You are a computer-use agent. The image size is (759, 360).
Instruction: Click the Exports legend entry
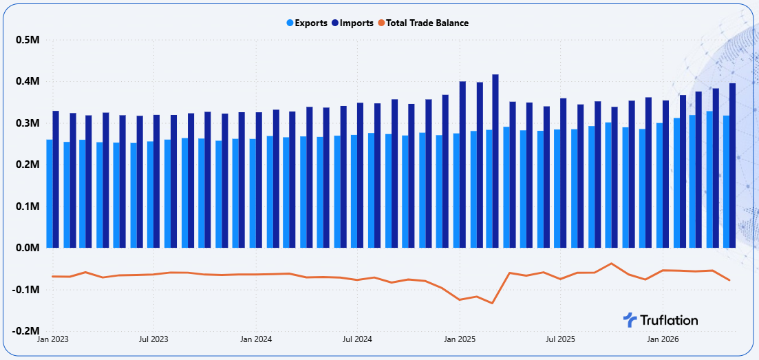point(307,23)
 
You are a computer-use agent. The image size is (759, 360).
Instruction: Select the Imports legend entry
point(353,23)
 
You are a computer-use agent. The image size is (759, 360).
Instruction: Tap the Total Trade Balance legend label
point(423,23)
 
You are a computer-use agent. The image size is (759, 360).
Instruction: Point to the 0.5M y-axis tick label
point(28,40)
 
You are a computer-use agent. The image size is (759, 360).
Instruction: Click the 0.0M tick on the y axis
point(28,248)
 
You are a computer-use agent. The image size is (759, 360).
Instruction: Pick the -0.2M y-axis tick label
point(25,331)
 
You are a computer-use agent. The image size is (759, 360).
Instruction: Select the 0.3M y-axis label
point(28,123)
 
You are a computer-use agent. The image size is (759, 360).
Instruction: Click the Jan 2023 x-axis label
point(53,339)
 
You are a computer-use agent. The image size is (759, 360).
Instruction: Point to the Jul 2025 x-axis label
point(560,339)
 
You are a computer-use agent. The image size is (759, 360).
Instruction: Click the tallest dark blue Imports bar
point(495,161)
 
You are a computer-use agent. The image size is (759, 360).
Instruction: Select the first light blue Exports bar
point(50,194)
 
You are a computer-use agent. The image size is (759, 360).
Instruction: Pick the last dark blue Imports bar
point(732,166)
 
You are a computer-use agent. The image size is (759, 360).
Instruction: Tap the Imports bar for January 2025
point(462,165)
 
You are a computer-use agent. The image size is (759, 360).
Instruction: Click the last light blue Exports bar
point(726,182)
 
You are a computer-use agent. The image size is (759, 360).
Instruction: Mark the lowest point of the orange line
point(492,304)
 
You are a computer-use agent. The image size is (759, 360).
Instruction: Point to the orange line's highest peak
point(611,263)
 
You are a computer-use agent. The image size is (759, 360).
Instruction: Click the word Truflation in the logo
point(669,320)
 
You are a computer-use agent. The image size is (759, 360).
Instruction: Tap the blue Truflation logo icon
point(630,320)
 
